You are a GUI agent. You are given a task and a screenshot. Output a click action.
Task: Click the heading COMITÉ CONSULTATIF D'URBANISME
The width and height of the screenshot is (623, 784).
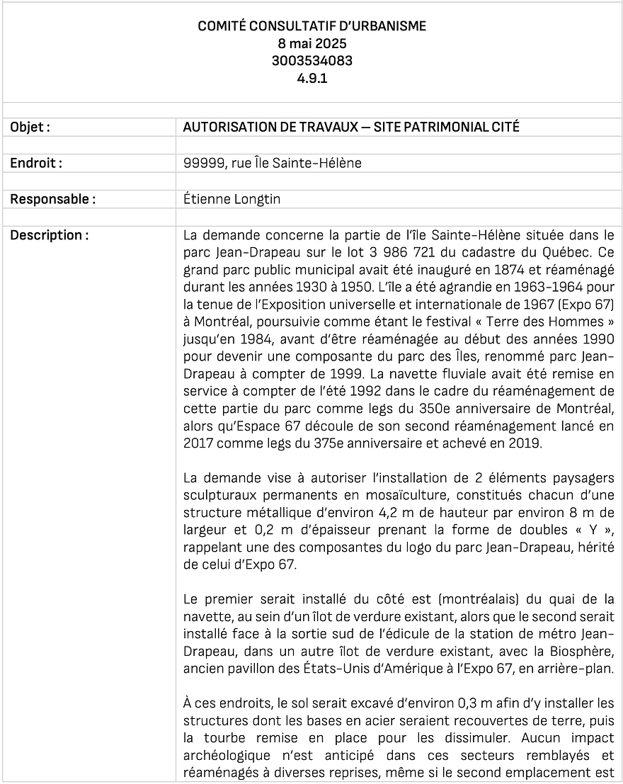click(311, 26)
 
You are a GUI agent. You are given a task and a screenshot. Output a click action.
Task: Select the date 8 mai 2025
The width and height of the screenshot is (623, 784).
click(311, 43)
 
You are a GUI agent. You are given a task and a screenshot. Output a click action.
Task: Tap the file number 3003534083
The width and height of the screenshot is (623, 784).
click(311, 61)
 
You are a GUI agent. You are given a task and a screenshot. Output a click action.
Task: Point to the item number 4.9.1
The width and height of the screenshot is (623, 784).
click(311, 78)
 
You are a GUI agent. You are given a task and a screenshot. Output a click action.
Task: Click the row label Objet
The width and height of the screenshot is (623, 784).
click(30, 127)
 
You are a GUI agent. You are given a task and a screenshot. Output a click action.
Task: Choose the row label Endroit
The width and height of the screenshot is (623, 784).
click(36, 163)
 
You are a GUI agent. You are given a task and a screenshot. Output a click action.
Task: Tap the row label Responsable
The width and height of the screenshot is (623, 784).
click(52, 199)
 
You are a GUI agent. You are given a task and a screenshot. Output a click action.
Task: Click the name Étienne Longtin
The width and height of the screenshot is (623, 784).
click(232, 199)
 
